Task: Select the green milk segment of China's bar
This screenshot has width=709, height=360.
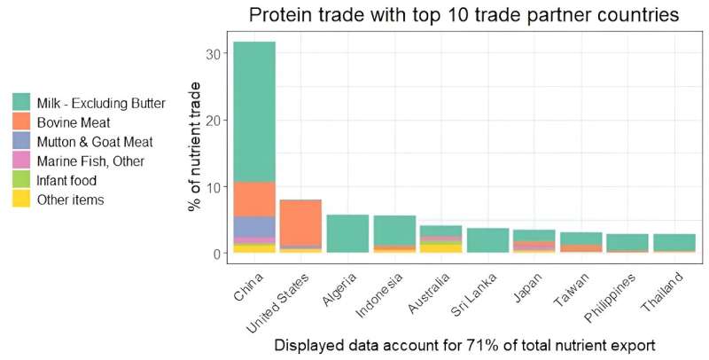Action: click(x=254, y=111)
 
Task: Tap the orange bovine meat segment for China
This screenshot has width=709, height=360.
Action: click(x=254, y=199)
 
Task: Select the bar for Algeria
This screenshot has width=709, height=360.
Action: click(x=347, y=233)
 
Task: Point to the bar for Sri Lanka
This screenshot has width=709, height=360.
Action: click(x=487, y=240)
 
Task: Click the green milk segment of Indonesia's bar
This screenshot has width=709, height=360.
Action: click(x=394, y=230)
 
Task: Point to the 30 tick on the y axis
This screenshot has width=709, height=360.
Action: click(x=210, y=53)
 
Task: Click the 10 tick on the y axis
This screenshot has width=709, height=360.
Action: click(x=210, y=187)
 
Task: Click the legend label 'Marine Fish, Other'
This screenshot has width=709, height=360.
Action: click(x=90, y=161)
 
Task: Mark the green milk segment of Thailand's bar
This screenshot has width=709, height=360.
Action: click(x=674, y=242)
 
